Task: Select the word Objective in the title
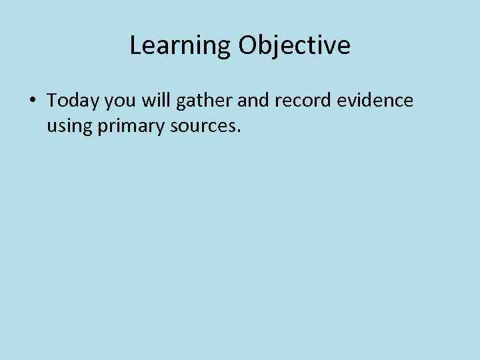294,46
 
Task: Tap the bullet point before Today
32,101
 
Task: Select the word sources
201,125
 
